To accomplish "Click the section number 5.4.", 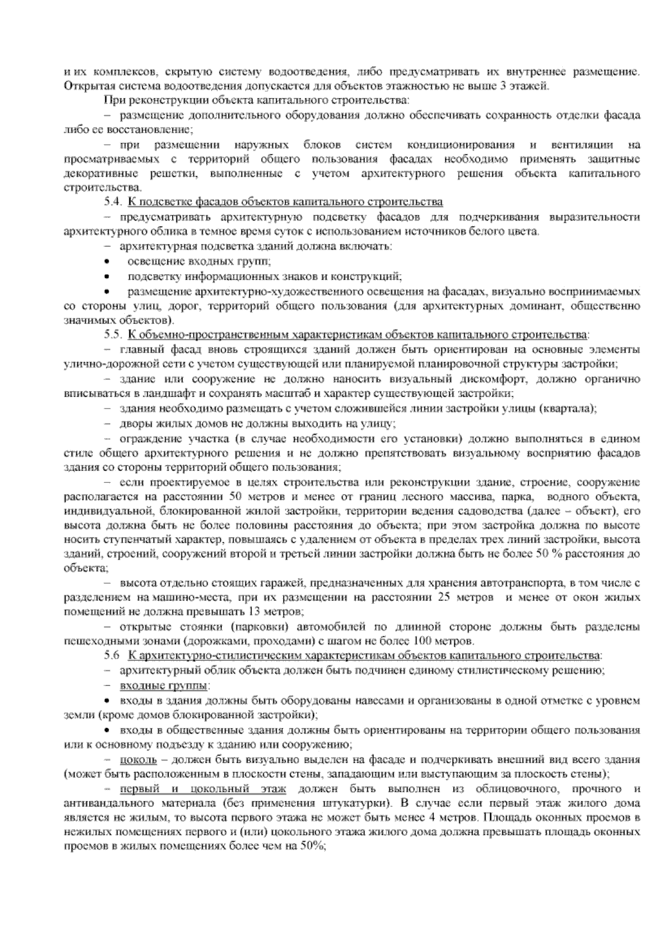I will point(112,201).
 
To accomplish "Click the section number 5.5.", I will point(112,335).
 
